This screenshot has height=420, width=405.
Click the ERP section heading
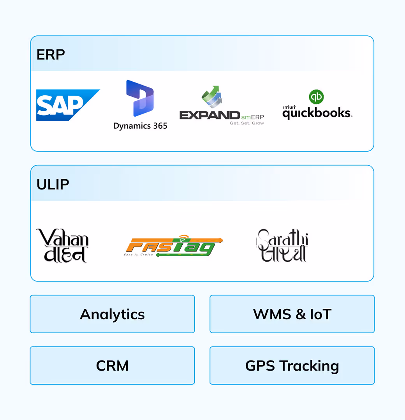click(x=51, y=55)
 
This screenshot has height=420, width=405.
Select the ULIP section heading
click(x=53, y=184)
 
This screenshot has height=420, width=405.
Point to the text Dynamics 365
click(x=140, y=126)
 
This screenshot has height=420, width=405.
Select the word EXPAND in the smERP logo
click(x=210, y=115)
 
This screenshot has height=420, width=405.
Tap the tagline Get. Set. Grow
click(x=247, y=123)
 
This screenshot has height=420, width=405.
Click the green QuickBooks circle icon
click(x=316, y=97)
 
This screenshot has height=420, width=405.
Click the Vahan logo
click(x=62, y=245)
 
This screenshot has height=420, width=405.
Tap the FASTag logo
click(x=173, y=247)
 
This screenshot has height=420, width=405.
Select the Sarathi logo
click(x=282, y=245)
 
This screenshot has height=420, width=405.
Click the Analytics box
click(x=112, y=314)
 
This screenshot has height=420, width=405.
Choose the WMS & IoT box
click(x=292, y=314)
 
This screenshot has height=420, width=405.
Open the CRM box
click(x=112, y=366)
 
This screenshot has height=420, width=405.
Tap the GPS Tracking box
click(x=292, y=366)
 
